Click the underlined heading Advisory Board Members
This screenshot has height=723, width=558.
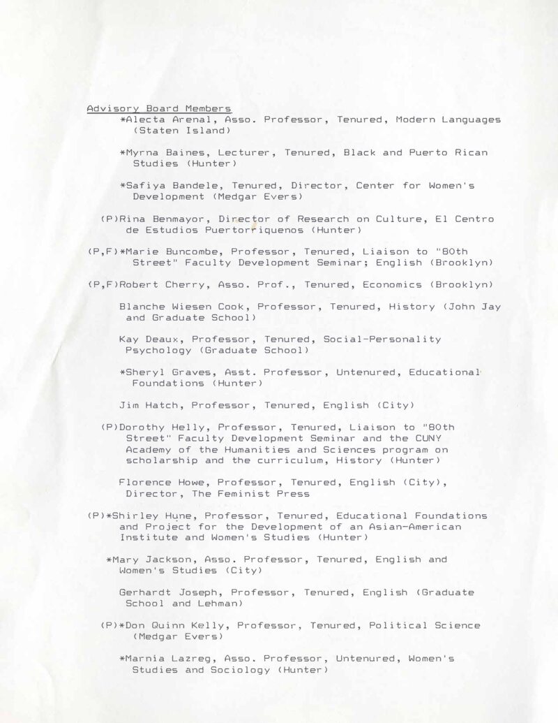(159, 109)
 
